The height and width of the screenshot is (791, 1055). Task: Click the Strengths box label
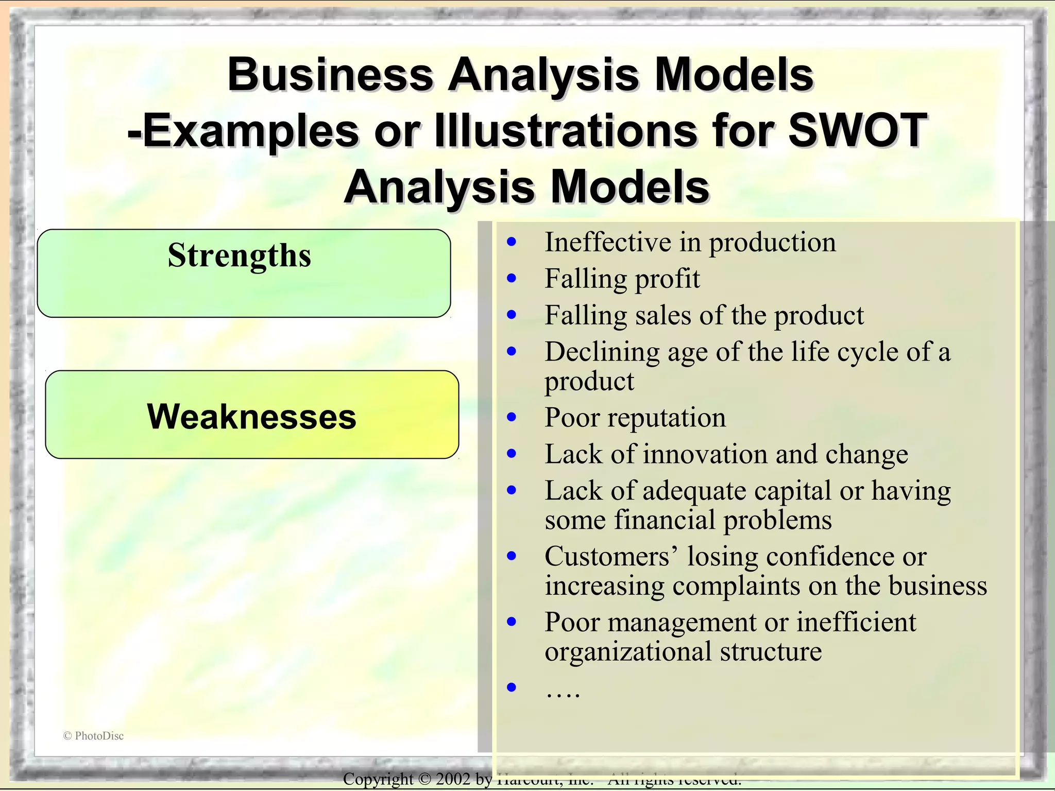pyautogui.click(x=240, y=256)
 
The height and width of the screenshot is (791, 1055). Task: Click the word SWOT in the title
pyautogui.click(x=857, y=130)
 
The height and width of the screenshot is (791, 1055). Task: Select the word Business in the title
pyautogui.click(x=330, y=75)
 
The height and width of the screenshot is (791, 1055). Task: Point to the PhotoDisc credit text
pyautogui.click(x=94, y=736)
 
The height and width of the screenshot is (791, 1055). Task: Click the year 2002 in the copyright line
pyautogui.click(x=453, y=779)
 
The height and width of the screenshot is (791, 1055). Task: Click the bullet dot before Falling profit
pyautogui.click(x=512, y=279)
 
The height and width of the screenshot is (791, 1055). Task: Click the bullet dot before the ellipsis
pyautogui.click(x=512, y=687)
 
